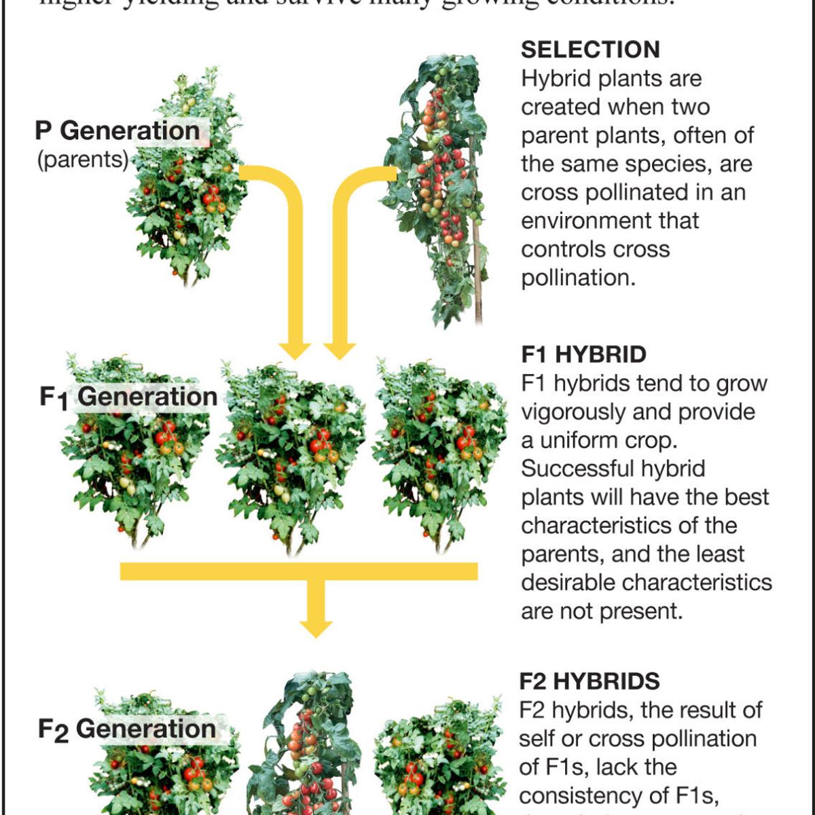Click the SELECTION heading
tap(590, 50)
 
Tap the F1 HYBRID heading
tap(583, 355)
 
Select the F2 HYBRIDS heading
tap(590, 681)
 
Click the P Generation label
tap(117, 130)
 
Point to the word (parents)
tap(82, 160)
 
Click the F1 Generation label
tap(128, 397)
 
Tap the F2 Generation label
tap(127, 729)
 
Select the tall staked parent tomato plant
tap(438, 183)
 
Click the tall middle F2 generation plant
tap(310, 747)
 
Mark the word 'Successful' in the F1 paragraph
tap(579, 469)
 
